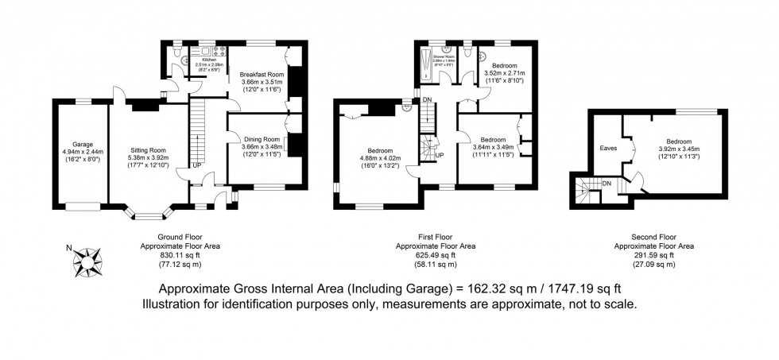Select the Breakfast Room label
pyautogui.click(x=262, y=73)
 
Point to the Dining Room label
pyautogui.click(x=262, y=137)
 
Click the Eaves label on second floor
pyautogui.click(x=608, y=147)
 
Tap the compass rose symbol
pyautogui.click(x=90, y=256)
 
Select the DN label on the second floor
pyautogui.click(x=607, y=184)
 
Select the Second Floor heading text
pyautogui.click(x=653, y=237)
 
